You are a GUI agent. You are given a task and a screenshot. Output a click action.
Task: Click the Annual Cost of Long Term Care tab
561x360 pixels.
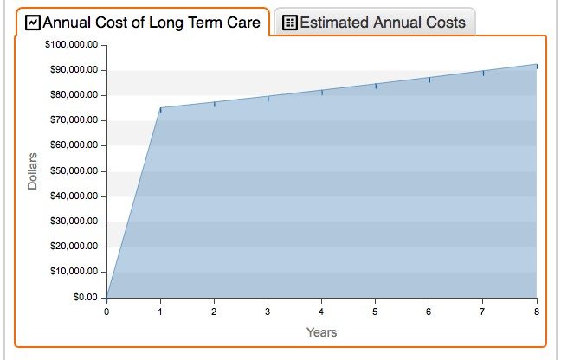(x=143, y=22)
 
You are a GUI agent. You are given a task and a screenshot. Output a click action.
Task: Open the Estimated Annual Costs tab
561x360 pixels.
(x=375, y=23)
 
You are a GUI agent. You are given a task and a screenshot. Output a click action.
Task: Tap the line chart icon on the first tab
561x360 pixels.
(x=33, y=22)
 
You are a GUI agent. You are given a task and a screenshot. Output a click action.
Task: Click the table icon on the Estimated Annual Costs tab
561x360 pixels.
(x=290, y=23)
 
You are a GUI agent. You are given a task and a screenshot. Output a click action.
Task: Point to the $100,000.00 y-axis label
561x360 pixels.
(x=71, y=44)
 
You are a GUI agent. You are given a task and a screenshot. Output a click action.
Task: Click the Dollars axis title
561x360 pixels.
(x=33, y=170)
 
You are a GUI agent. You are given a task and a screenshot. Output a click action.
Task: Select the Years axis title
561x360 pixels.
(x=321, y=332)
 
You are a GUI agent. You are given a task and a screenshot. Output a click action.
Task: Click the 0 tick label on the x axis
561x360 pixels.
(x=106, y=310)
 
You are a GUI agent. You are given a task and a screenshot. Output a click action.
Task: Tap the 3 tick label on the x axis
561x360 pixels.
(x=268, y=310)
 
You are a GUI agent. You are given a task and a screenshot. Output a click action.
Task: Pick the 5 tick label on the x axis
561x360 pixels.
(x=375, y=310)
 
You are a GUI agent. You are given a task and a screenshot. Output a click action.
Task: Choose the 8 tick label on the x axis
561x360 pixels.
(x=537, y=310)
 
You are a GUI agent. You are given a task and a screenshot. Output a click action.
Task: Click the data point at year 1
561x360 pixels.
(x=160, y=108)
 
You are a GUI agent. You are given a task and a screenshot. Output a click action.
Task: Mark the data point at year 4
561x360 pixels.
(x=322, y=91)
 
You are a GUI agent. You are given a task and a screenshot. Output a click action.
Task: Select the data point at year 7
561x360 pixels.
(x=483, y=73)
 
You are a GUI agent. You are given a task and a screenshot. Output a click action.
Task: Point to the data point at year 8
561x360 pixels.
(x=537, y=65)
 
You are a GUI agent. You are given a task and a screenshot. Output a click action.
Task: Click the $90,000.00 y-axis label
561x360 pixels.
(x=73, y=69)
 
